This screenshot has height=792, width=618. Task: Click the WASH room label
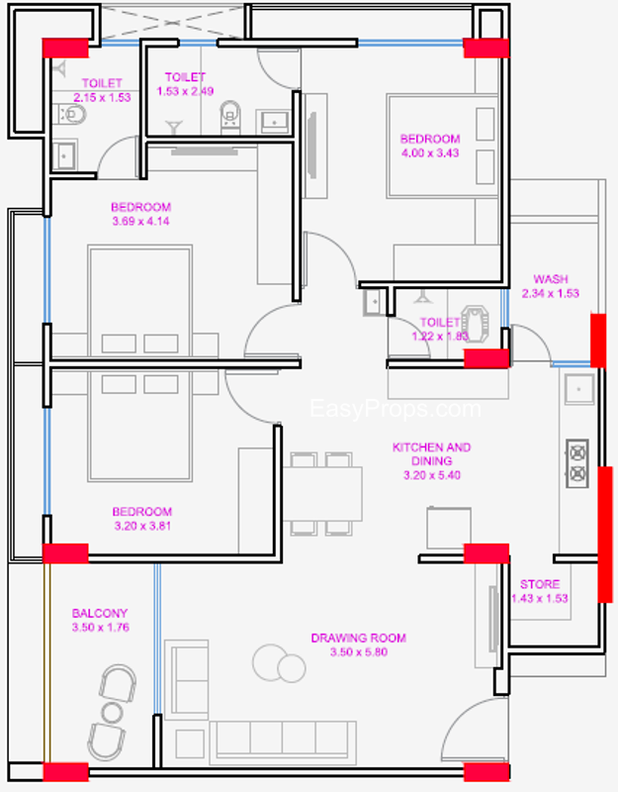coord(551,279)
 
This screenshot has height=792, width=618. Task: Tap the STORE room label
coord(540,584)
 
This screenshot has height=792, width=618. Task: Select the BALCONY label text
coord(100,613)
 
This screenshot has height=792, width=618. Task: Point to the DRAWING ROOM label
coord(359,638)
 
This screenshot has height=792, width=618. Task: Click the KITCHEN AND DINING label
coord(432,454)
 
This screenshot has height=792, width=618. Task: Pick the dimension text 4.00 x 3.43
coord(430,153)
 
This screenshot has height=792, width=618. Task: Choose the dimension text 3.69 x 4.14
coord(140,221)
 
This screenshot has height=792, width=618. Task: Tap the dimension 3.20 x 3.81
coord(142,526)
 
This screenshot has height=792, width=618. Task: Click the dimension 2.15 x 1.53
coord(103,97)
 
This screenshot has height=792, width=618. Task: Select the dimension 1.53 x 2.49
coord(185,91)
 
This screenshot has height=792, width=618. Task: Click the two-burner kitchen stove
coord(577,463)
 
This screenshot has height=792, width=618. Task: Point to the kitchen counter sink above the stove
coord(578,389)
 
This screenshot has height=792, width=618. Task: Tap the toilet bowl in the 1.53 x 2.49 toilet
coord(230,115)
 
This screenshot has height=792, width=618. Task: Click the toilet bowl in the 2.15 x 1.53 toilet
coord(71,114)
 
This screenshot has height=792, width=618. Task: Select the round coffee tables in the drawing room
coord(279,663)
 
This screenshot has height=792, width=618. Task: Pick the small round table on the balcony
coord(112,713)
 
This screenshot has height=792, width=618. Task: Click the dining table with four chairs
coord(322,493)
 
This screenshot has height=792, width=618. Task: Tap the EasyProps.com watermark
coord(396,409)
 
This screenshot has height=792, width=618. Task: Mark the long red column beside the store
coord(605,535)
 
